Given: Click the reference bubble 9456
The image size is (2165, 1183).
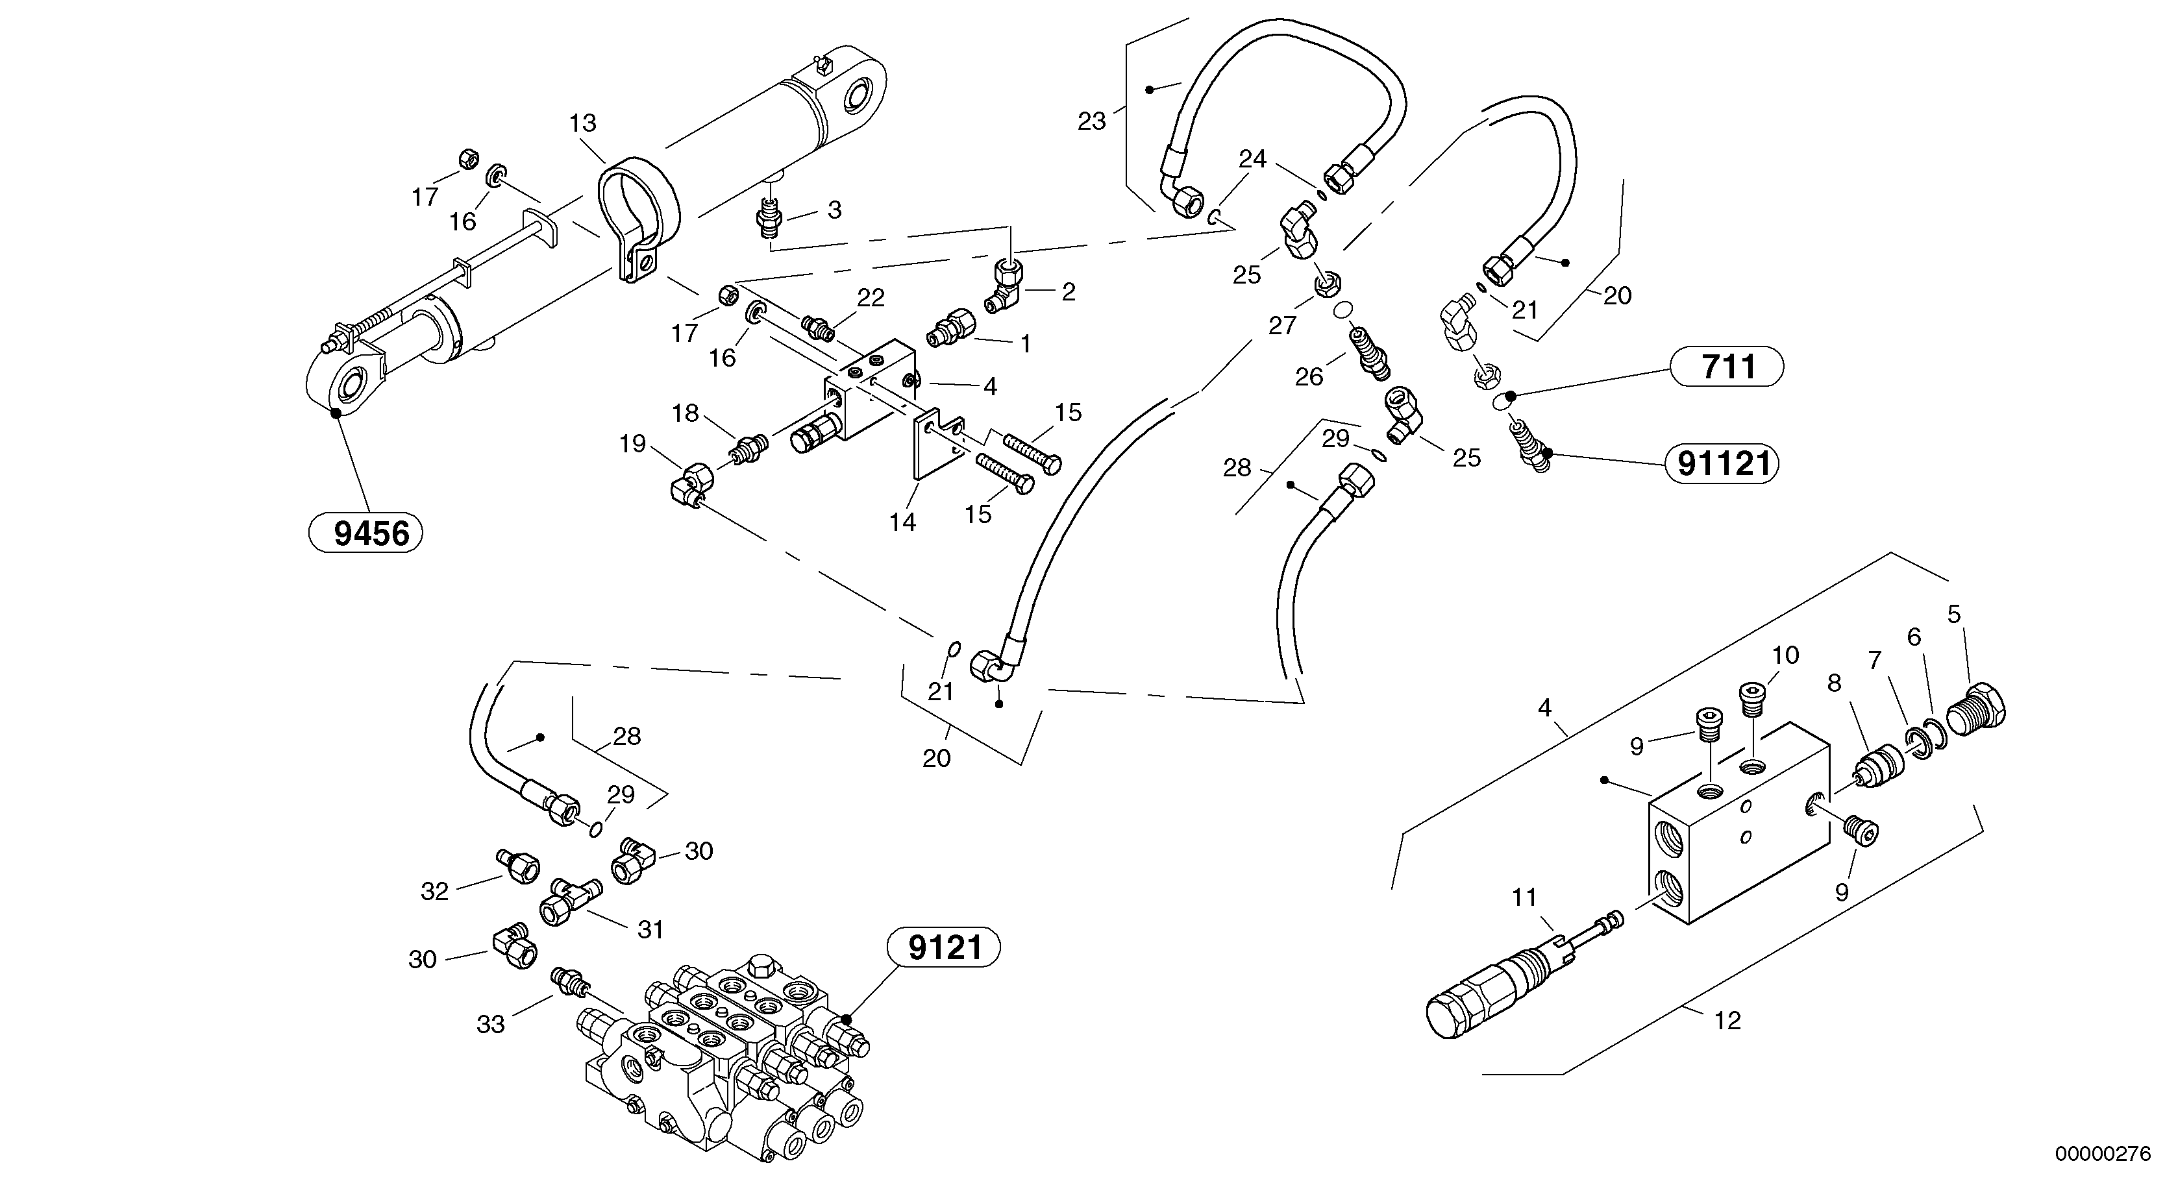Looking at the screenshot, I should [365, 533].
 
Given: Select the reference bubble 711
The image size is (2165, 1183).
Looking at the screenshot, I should [1727, 367].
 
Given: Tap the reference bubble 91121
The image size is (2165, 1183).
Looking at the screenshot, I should [1722, 463].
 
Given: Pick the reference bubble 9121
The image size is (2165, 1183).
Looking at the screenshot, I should [945, 947].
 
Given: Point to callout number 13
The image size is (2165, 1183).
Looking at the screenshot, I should [582, 123].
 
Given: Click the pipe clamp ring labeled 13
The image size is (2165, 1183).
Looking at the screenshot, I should [639, 210].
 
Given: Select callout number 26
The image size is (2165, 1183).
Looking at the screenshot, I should [1309, 377].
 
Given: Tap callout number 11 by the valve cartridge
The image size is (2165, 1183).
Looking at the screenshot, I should [1524, 897].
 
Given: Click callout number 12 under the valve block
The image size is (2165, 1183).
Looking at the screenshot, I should [1727, 1020].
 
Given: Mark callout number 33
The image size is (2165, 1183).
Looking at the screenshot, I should [490, 1023].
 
